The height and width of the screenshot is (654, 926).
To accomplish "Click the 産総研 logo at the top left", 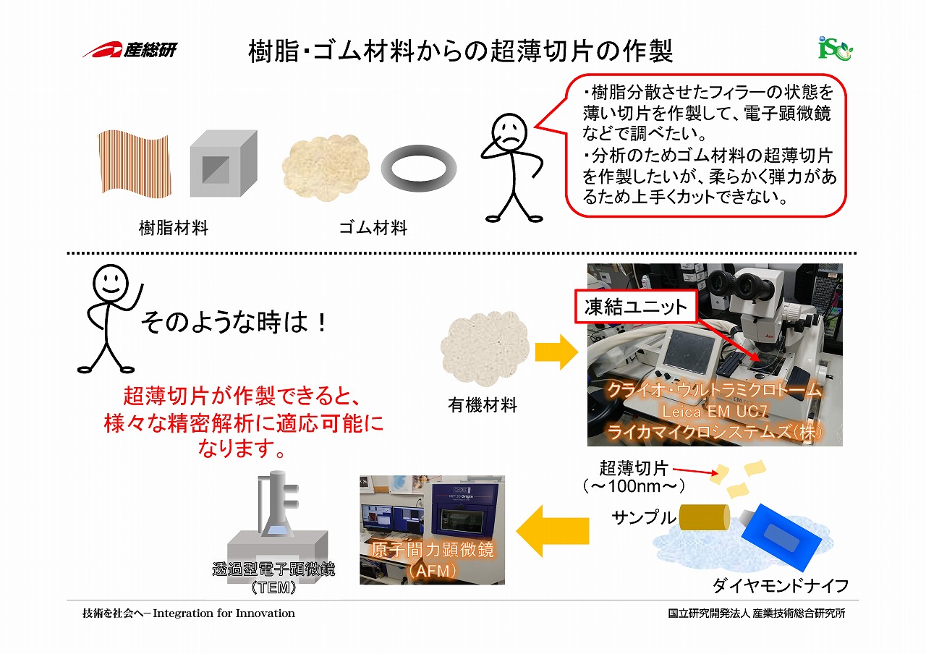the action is point(129,50).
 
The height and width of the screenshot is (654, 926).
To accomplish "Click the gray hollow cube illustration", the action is point(224,163).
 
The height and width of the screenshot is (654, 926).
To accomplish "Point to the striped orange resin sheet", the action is point(135,163).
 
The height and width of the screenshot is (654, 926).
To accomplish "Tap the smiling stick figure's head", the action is point(111,283).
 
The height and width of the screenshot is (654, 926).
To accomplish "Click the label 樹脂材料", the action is point(174,228).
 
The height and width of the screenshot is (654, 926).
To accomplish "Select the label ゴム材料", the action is point(373,228).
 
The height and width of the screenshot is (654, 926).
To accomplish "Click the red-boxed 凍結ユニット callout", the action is point(636,307).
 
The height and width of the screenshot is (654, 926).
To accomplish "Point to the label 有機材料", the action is point(483,404).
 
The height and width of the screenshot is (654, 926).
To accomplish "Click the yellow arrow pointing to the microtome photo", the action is point(556,352).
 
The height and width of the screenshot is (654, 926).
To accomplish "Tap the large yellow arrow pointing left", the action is point(553,531).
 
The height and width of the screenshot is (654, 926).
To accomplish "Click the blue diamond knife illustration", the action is point(777,536).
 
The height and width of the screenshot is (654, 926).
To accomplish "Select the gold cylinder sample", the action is point(704,517).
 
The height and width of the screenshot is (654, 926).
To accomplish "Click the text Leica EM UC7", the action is point(715,412).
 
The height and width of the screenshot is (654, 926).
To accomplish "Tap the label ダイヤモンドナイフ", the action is point(781,585).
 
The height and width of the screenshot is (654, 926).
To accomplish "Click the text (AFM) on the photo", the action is point(433,571).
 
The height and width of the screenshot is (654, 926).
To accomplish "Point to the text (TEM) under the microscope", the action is point(273,587).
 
